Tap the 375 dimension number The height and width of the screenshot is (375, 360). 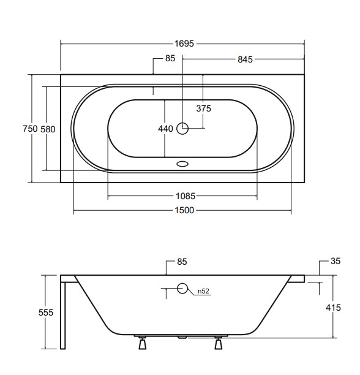(x=203, y=108)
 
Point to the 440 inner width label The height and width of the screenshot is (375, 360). (x=165, y=129)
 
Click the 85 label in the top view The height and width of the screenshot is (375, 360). (x=170, y=59)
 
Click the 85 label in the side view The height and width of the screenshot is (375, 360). (x=181, y=262)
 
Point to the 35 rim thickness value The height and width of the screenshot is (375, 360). (x=335, y=262)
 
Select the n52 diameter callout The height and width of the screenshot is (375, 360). (x=204, y=291)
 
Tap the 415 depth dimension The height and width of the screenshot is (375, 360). (x=334, y=308)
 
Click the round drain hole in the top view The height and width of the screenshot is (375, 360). (x=182, y=129)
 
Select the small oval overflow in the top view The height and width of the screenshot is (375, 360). (x=182, y=164)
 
